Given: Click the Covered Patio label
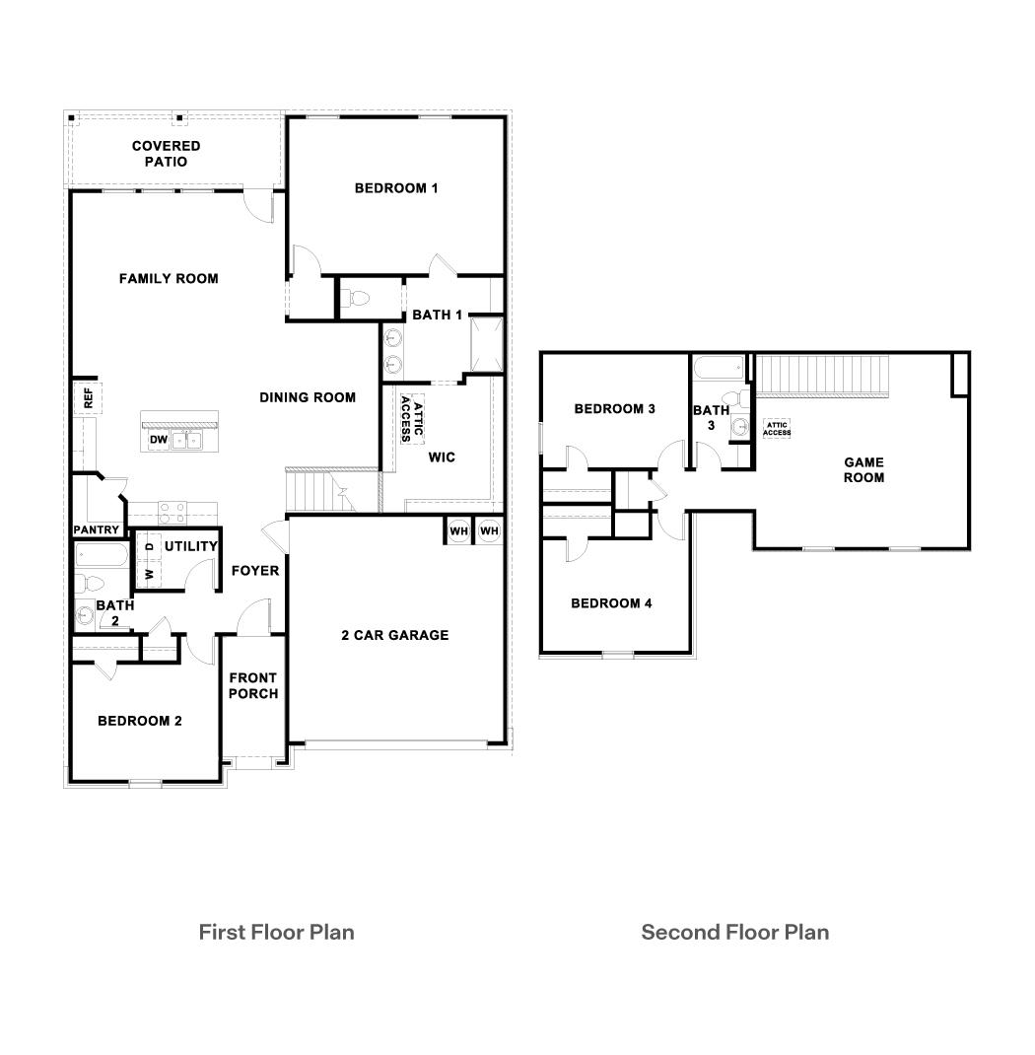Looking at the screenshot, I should tap(167, 154).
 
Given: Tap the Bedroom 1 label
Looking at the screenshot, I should tap(396, 188).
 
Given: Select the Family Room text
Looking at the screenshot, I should tap(169, 279).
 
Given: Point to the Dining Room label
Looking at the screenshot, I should tap(308, 398).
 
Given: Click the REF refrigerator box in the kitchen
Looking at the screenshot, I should tap(87, 398).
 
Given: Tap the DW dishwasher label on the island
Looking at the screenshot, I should tap(159, 440).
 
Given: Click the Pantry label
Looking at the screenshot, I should tap(97, 530).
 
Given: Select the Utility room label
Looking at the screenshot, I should tap(190, 546).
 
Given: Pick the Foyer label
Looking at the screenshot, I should tap(255, 571).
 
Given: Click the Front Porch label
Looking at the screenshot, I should tap(253, 685).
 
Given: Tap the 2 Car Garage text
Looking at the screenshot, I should tap(394, 636).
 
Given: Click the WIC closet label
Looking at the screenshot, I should tap(442, 457).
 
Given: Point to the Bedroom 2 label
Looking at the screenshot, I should tap(140, 721).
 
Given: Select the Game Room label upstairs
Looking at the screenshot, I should tap(863, 469).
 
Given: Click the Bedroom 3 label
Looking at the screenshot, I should tap(615, 409).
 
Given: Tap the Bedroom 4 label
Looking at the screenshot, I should tap(611, 603).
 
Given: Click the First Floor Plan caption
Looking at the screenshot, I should tap(276, 932).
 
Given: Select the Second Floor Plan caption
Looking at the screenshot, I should tap(734, 932).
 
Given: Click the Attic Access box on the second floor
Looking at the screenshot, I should tap(777, 428).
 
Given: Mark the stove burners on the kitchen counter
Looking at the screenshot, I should tap(172, 512).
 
